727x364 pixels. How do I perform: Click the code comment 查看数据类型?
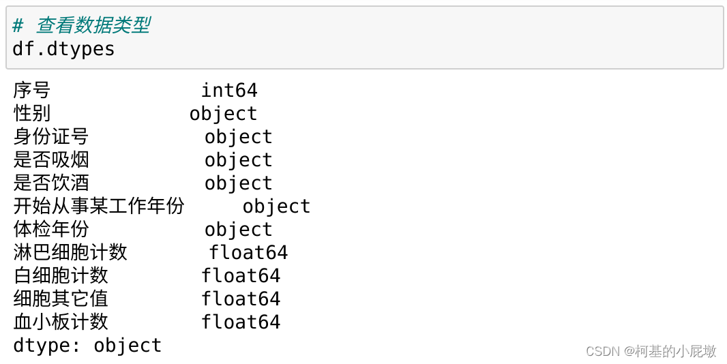(81, 26)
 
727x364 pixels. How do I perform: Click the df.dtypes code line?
(63, 49)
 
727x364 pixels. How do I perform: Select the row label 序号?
(31, 90)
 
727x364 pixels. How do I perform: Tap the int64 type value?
(229, 90)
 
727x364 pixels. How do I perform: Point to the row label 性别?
(31, 113)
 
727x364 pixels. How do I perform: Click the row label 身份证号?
(50, 136)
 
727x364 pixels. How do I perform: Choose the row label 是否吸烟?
(50, 160)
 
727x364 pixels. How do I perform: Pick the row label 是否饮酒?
(50, 183)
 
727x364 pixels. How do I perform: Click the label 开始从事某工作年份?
(99, 206)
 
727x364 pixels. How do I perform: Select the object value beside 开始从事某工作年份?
(276, 206)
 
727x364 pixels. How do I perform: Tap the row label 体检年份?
(50, 229)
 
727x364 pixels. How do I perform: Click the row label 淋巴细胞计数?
(70, 252)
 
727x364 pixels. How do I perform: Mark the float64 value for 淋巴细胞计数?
(248, 252)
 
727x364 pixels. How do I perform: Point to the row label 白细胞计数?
(61, 275)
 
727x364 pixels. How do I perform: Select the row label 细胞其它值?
(61, 299)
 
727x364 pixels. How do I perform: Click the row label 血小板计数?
(61, 322)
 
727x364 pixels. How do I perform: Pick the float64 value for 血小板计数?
(241, 322)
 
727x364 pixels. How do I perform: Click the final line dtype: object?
(87, 345)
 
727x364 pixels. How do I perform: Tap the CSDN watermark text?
(651, 351)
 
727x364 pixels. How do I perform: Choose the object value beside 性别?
(223, 113)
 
